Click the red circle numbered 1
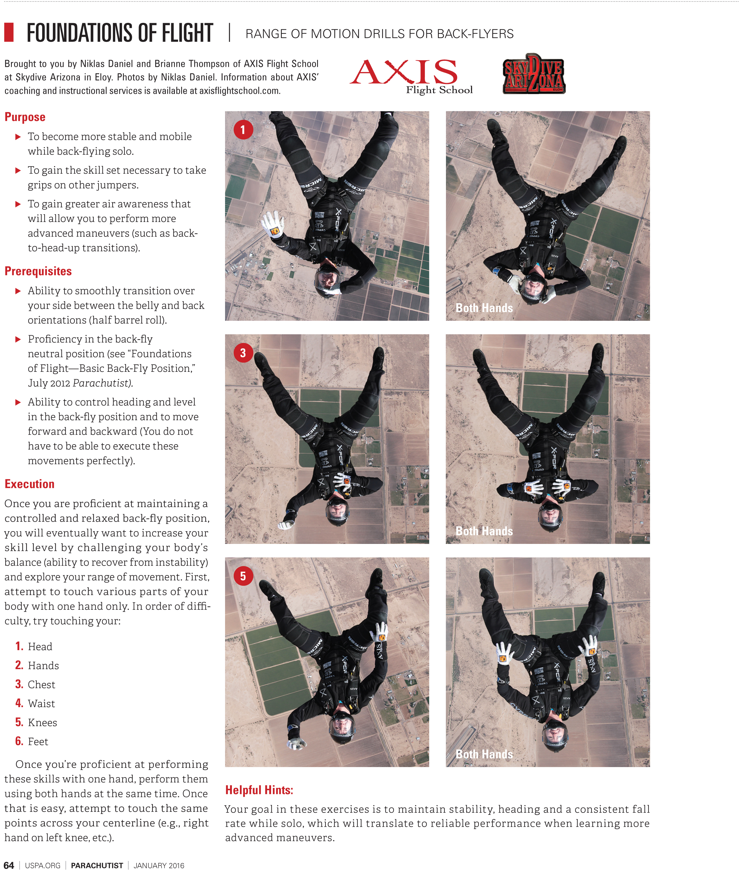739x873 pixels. pyautogui.click(x=243, y=130)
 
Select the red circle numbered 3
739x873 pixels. pyautogui.click(x=243, y=353)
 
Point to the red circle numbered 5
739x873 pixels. pyautogui.click(x=243, y=576)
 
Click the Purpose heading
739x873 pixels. pyautogui.click(x=25, y=117)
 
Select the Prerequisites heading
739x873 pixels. pyautogui.click(x=38, y=271)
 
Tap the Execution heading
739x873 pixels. pyautogui.click(x=29, y=484)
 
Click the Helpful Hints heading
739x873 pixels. pyautogui.click(x=259, y=790)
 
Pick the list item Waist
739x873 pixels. pyautogui.click(x=41, y=704)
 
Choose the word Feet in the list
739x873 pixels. pyautogui.click(x=38, y=742)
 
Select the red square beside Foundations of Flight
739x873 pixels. pyautogui.click(x=9, y=32)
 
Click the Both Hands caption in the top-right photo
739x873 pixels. pyautogui.click(x=484, y=308)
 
